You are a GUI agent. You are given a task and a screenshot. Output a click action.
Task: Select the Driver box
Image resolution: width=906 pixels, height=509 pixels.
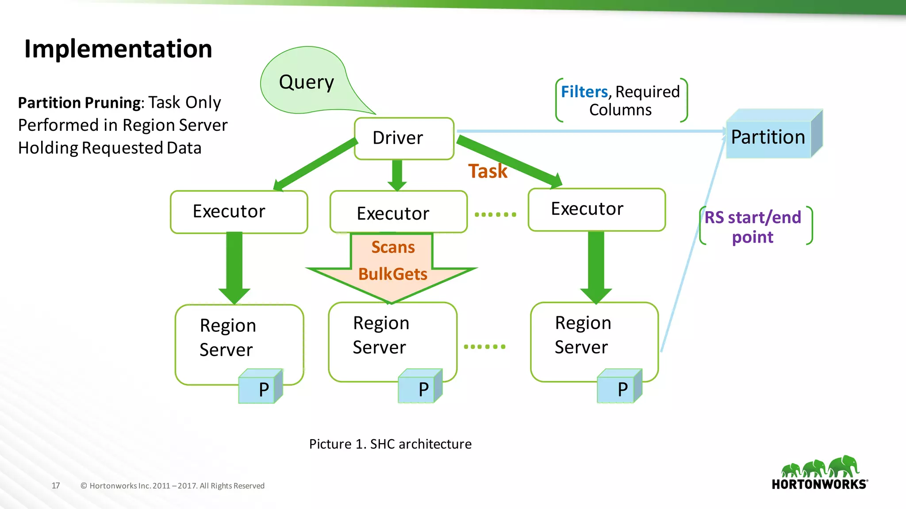click(403, 138)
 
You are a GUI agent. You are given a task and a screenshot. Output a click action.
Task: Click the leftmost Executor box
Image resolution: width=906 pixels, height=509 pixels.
click(238, 212)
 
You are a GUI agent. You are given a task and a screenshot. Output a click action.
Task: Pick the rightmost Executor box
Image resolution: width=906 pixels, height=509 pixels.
click(596, 209)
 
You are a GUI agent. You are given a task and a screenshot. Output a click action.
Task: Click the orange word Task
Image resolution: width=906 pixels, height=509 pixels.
click(488, 171)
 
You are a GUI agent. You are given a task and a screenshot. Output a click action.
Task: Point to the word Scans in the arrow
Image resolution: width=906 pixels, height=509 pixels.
click(393, 247)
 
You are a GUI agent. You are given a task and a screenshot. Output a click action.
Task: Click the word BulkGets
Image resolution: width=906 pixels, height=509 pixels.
click(393, 274)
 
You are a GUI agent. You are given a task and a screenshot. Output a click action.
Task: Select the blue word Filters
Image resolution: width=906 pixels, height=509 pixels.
click(584, 92)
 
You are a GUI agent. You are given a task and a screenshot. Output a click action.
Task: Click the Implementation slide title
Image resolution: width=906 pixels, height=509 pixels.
click(118, 49)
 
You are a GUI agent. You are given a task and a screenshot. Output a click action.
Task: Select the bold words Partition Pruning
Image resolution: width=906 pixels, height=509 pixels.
click(79, 103)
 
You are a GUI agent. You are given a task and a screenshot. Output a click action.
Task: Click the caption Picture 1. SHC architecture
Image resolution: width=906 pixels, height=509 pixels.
click(390, 444)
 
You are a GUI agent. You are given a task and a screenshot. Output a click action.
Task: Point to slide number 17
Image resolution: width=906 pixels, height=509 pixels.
click(56, 486)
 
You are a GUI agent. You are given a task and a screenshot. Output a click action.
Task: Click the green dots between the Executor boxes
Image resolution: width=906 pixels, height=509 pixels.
click(495, 215)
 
